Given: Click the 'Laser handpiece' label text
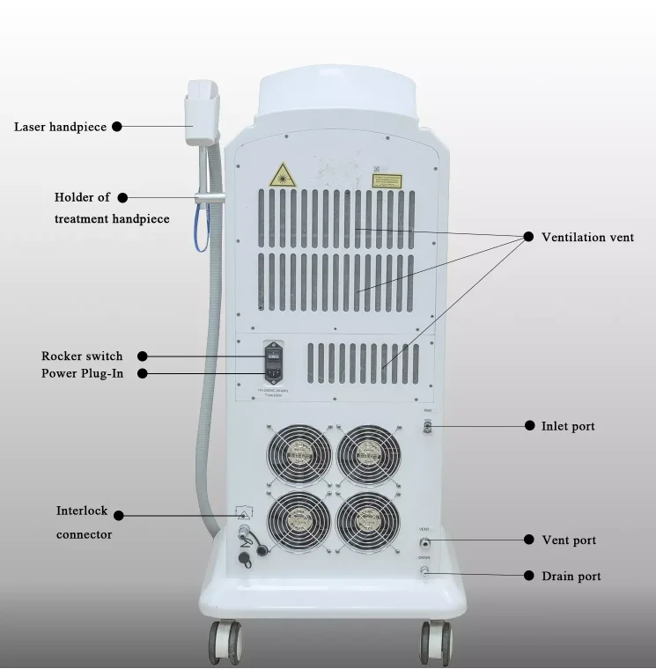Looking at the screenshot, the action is coord(60,127).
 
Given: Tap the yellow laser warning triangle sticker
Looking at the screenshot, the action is coord(283,174).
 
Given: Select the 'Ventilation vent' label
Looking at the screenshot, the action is coord(587,237).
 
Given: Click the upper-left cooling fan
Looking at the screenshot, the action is coord(299,454).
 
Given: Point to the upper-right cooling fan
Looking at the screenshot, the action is coord(369,454).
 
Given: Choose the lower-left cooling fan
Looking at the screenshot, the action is coord(299,522).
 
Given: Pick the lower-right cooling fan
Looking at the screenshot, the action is coord(369,522).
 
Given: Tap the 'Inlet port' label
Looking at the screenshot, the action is coord(568,426).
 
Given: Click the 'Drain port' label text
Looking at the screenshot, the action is coord(571,576).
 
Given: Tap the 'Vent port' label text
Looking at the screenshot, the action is coord(569,540).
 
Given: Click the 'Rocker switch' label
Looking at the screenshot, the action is coord(82,356).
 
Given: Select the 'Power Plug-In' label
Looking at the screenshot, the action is coord(82,373).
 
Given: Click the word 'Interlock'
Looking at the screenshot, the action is coord(82,511).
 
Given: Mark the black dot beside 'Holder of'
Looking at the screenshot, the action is coord(122,198).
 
